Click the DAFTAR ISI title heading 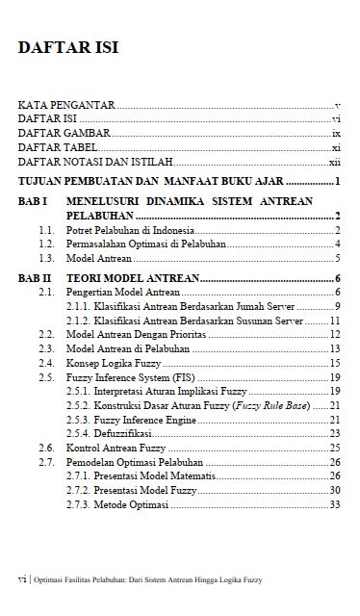pyautogui.click(x=68, y=50)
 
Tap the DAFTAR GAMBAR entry pyautogui.click(x=64, y=134)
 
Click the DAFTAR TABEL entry pyautogui.click(x=60, y=148)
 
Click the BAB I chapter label pyautogui.click(x=34, y=201)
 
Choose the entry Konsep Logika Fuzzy pyautogui.click(x=113, y=364)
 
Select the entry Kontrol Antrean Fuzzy pyautogui.click(x=116, y=449)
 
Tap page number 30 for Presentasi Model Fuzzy pyautogui.click(x=334, y=491)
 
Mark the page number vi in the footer pyautogui.click(x=22, y=580)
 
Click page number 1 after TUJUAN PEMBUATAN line pyautogui.click(x=339, y=182)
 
